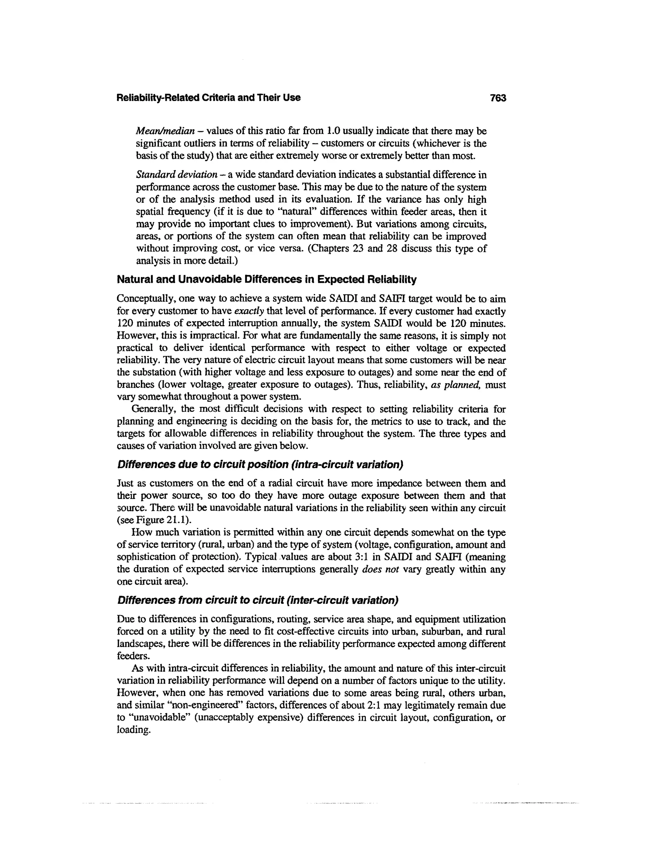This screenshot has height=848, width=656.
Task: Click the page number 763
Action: tap(498, 98)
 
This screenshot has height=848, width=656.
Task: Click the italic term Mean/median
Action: tap(165, 131)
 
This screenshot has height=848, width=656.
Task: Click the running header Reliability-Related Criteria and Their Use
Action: tap(208, 98)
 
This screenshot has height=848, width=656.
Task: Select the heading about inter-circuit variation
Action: tap(258, 600)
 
